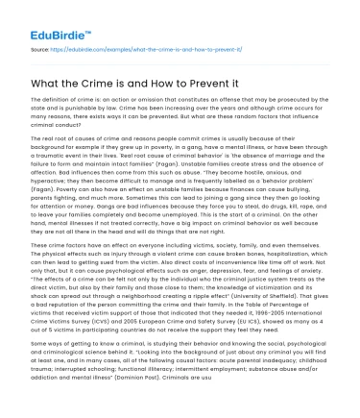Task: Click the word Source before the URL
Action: (x=42, y=47)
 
